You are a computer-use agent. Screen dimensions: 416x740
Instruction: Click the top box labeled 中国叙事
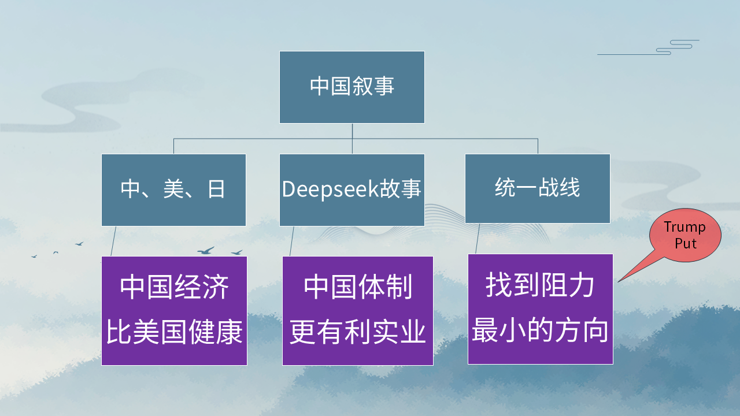click(351, 87)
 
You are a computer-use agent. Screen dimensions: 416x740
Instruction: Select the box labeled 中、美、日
click(173, 190)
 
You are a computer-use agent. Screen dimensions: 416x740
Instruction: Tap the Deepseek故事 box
click(351, 190)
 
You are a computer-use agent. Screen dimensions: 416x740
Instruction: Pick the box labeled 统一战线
click(537, 188)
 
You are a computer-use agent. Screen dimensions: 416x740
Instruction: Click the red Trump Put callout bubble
click(685, 235)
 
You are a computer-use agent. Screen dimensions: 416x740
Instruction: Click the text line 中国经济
click(174, 287)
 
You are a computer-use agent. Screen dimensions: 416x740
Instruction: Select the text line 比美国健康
click(174, 333)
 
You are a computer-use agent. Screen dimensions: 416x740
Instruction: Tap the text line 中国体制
click(358, 287)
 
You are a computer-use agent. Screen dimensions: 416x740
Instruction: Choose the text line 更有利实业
click(358, 333)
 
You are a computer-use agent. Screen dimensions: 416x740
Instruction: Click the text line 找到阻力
click(540, 285)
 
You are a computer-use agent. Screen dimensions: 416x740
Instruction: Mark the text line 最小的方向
click(540, 331)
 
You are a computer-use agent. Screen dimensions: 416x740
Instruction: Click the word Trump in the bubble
click(685, 227)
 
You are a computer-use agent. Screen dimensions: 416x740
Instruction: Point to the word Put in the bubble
click(686, 243)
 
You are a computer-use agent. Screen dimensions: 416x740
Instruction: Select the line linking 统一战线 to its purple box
click(478, 239)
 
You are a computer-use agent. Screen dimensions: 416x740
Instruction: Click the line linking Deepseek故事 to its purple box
click(292, 241)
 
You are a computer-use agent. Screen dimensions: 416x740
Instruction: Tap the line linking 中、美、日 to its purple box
click(113, 241)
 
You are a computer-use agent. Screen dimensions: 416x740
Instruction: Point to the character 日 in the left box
click(216, 190)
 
